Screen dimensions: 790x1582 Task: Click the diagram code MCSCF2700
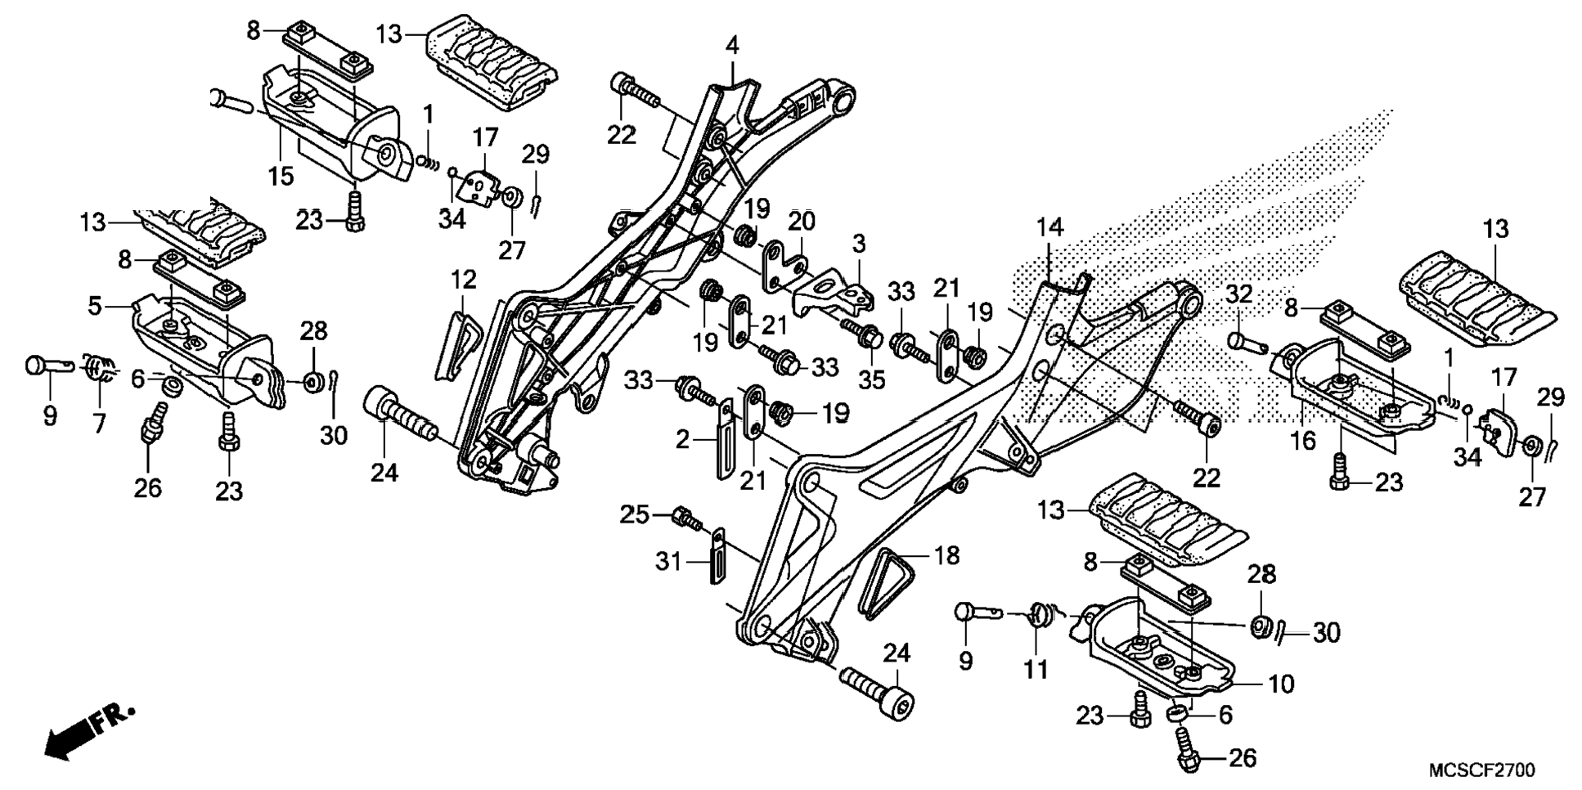pyautogui.click(x=1481, y=770)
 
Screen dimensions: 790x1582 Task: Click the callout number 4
pyautogui.click(x=732, y=45)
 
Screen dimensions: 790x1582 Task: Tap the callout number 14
pyautogui.click(x=1050, y=227)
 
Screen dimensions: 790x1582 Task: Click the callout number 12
pyautogui.click(x=463, y=280)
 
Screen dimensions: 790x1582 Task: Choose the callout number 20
pyautogui.click(x=802, y=221)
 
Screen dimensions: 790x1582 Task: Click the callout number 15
pyautogui.click(x=281, y=175)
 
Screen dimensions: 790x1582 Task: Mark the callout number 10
pyautogui.click(x=1281, y=683)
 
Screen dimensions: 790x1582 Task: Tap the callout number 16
pyautogui.click(x=1302, y=440)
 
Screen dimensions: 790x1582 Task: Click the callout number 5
pyautogui.click(x=96, y=307)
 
